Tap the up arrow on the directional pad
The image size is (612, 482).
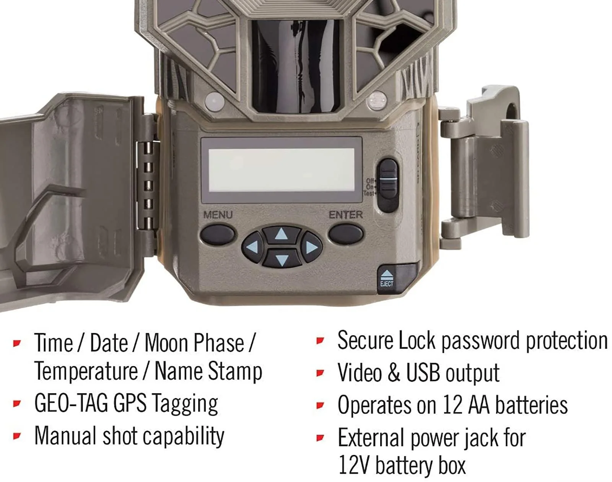click(282, 234)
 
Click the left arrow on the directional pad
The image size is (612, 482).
click(253, 247)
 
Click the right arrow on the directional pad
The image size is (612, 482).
click(311, 247)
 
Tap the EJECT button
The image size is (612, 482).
click(387, 278)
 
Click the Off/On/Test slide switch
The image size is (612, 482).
click(387, 185)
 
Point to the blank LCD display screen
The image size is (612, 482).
click(281, 169)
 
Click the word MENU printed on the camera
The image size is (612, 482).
click(218, 215)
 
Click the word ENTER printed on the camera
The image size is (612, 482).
click(345, 215)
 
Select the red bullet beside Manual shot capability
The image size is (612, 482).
click(17, 436)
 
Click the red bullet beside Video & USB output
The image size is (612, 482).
click(321, 373)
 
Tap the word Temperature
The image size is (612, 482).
click(86, 371)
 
